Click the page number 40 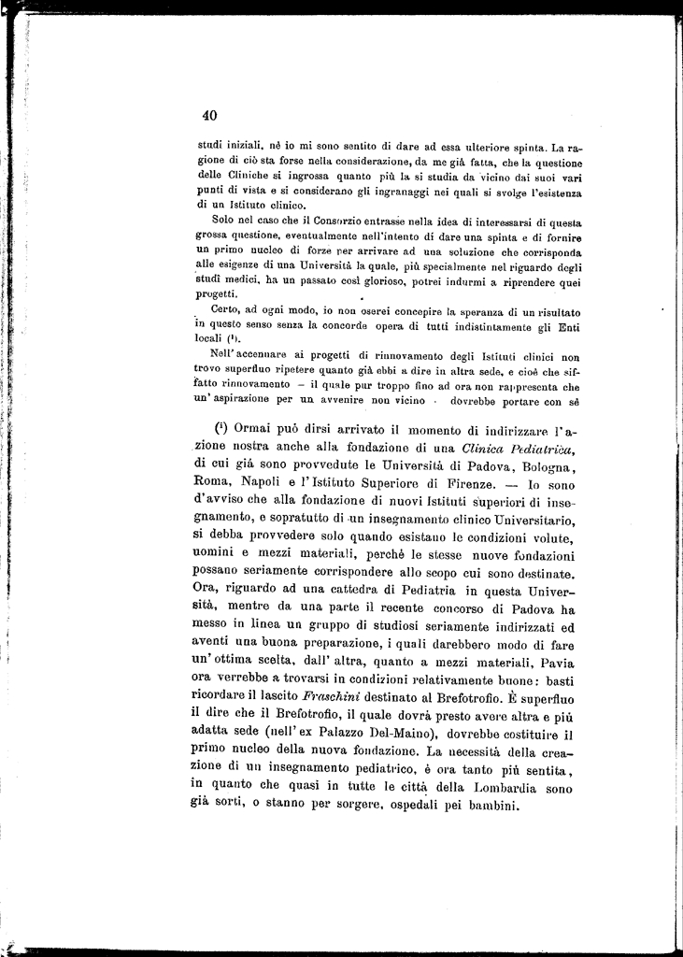click(209, 115)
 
